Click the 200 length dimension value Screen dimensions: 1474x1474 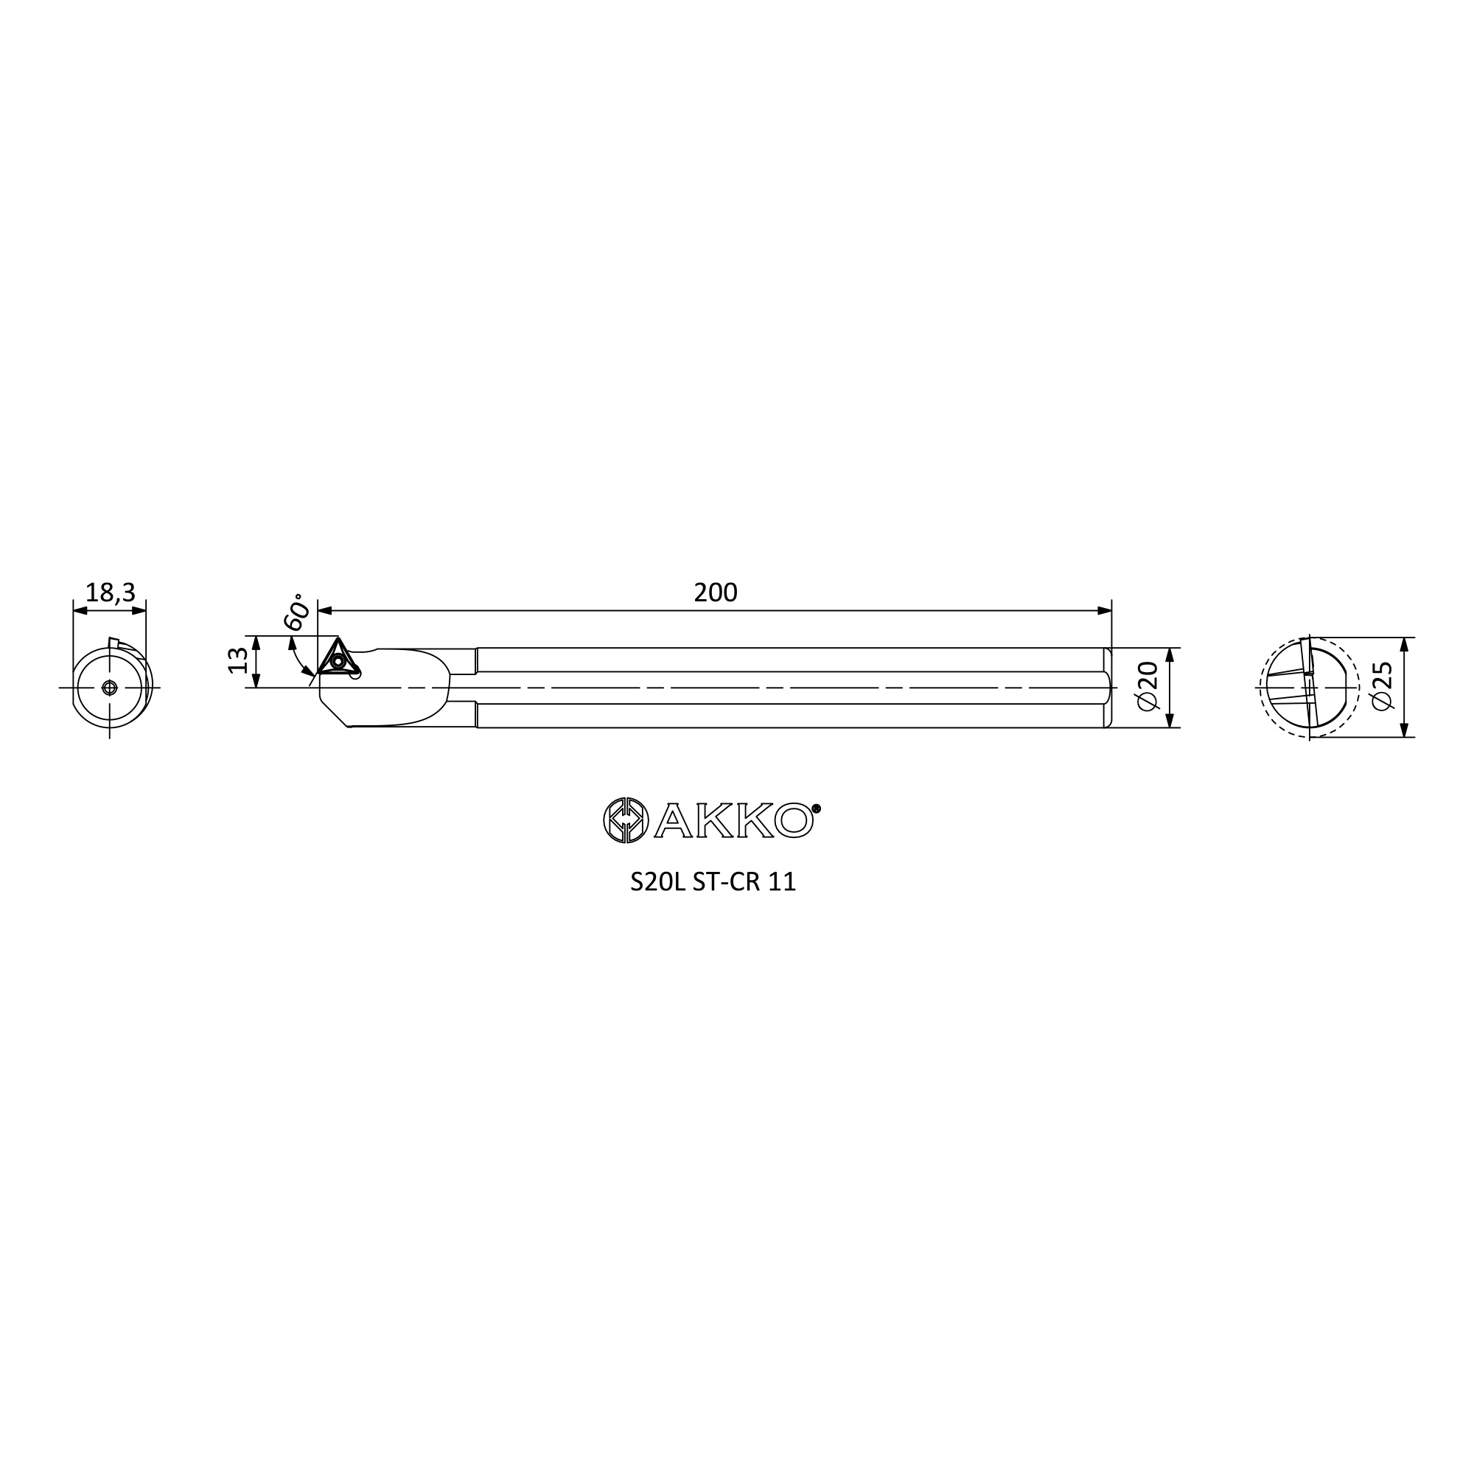[716, 593]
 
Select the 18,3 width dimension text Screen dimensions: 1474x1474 [110, 592]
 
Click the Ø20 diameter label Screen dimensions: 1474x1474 [1148, 686]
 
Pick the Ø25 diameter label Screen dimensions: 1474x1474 [1382, 686]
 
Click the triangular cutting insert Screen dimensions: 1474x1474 [338, 658]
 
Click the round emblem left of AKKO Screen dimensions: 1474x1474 [626, 820]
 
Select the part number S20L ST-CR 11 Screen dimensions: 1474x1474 [713, 882]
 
